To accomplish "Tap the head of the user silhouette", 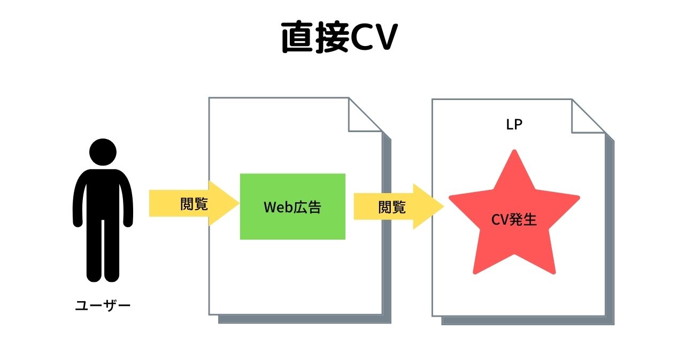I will [103, 152].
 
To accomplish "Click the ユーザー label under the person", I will [103, 306].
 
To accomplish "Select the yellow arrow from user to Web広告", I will [192, 203].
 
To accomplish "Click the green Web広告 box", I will [292, 206].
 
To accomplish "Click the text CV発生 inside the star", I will [514, 219].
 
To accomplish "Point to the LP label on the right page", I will [514, 125].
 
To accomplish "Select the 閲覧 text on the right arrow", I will [392, 207].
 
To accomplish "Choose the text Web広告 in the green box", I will [292, 207].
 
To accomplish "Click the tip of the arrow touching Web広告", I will [237, 203].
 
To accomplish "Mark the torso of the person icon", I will [103, 198].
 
